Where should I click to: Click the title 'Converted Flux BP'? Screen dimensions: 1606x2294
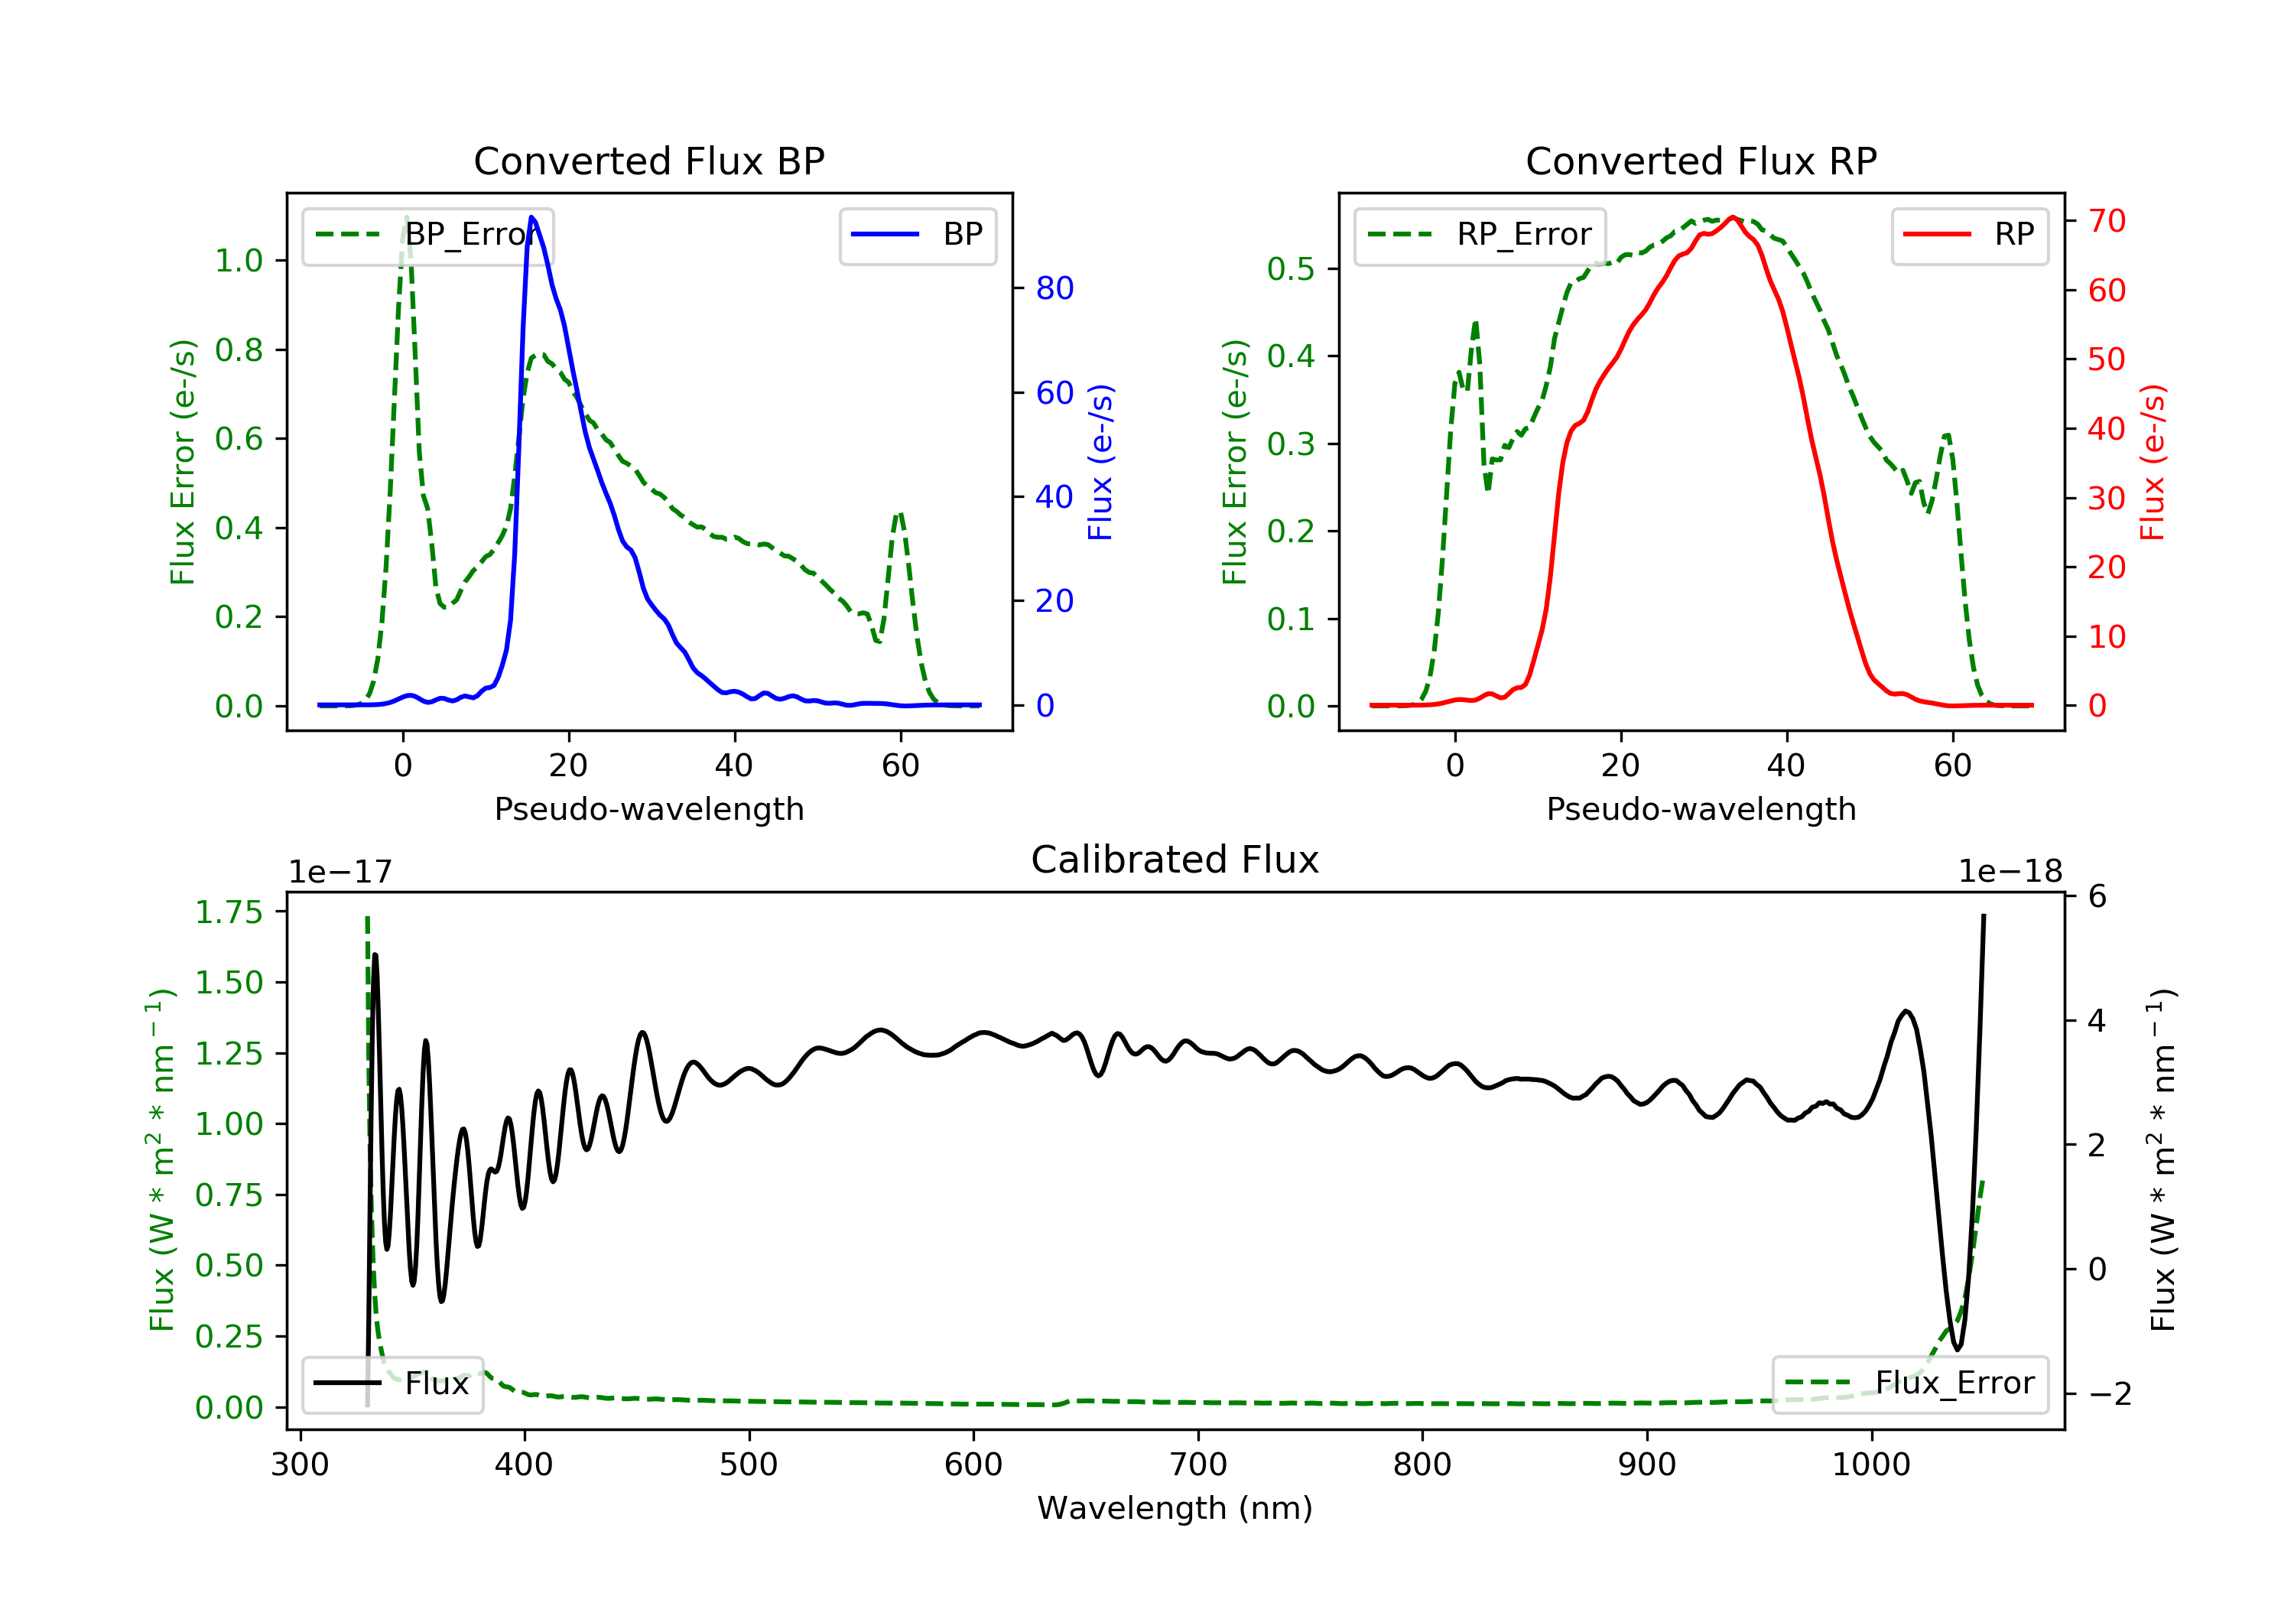point(648,161)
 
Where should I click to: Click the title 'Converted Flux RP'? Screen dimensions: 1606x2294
point(1701,161)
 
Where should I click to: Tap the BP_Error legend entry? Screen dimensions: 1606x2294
point(427,235)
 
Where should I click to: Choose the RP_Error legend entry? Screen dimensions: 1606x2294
point(1480,235)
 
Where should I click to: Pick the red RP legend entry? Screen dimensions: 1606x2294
point(1969,235)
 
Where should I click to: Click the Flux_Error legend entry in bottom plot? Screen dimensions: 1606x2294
point(1909,1383)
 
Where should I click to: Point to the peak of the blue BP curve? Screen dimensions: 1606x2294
point(531,217)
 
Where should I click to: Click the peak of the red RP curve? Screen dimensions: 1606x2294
point(1733,217)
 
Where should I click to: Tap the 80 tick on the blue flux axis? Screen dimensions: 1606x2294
point(1054,289)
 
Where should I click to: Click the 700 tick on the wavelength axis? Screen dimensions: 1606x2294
point(1198,1465)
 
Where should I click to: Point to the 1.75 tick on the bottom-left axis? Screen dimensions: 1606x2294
point(229,912)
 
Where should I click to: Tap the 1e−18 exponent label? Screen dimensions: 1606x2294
point(2010,872)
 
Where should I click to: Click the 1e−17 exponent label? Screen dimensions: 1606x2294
point(340,872)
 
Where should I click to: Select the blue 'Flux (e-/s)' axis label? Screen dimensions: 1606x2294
point(1100,462)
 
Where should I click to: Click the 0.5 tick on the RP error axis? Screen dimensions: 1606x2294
point(1290,269)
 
